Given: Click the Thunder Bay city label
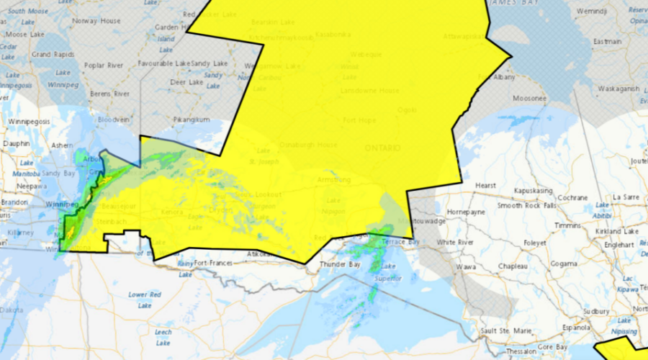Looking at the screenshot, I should (344, 264).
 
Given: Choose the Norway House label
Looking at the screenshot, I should (96, 20).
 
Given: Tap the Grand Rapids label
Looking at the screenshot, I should (52, 54).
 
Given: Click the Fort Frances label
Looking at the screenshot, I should (213, 263).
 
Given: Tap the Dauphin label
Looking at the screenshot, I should (16, 143).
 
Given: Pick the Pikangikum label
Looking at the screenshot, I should (192, 119).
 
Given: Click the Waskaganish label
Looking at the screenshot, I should (618, 89).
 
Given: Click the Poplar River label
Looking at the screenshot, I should (105, 65).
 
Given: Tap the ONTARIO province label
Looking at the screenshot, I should (382, 148).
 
